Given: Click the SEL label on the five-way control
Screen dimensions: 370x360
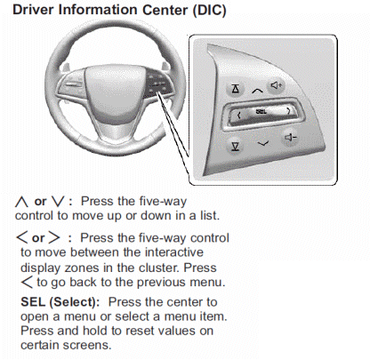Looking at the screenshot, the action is (261, 112).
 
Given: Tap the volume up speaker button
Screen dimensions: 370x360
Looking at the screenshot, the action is (277, 85).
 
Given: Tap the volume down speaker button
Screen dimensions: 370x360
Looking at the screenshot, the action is (290, 138).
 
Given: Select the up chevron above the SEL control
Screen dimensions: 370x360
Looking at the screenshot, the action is (257, 91).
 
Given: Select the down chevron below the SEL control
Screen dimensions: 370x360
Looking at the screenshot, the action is (263, 143).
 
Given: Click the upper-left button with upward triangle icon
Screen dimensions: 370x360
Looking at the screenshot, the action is (236, 89).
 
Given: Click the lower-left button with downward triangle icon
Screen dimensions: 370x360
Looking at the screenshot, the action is (236, 147).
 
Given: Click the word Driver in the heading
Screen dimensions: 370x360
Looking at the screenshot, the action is (34, 10).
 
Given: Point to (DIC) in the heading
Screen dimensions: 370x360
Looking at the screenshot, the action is (209, 11).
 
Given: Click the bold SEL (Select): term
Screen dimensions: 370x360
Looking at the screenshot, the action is (60, 302).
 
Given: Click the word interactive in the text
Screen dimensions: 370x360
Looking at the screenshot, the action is (174, 252).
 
